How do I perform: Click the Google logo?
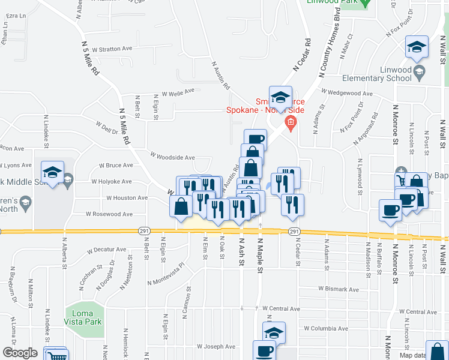click(x=20, y=353)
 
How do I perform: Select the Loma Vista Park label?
click(x=83, y=317)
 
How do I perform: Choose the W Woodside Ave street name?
click(x=172, y=157)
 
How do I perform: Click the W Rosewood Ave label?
click(x=109, y=214)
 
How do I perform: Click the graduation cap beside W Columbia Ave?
click(x=274, y=331)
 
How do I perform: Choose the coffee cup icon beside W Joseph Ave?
click(x=264, y=350)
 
